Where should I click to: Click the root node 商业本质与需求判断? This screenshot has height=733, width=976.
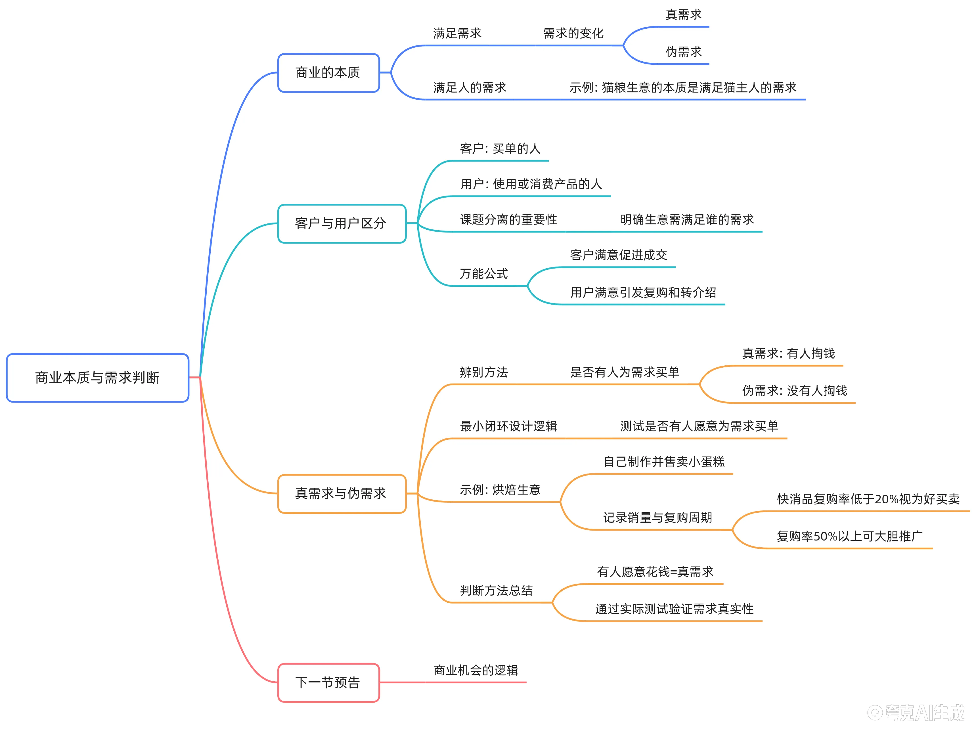pos(97,378)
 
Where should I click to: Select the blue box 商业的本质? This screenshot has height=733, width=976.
pos(328,73)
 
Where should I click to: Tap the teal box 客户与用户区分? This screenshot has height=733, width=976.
pos(342,224)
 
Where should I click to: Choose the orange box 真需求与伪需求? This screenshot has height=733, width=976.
pos(342,493)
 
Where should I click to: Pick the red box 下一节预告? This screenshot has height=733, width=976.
pos(328,683)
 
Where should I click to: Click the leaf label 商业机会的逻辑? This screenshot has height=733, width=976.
pos(476,670)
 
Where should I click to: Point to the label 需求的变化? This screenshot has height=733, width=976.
pos(573,33)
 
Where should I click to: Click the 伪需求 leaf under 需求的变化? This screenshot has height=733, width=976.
pos(684,52)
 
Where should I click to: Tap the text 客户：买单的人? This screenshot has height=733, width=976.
pos(500,149)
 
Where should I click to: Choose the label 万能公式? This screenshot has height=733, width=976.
pos(483,274)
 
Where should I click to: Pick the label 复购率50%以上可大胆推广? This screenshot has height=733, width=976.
pos(849,537)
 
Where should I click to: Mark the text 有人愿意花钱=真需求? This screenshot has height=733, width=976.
pos(655,572)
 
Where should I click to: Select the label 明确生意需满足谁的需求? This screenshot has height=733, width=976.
pos(687,220)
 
